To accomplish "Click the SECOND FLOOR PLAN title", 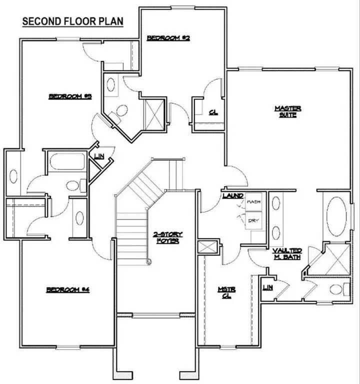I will (73, 22).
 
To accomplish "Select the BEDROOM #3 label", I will (70, 96).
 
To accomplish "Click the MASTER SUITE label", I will (288, 111).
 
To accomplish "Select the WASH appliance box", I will (253, 202).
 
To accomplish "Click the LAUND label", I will (233, 195).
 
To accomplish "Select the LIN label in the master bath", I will (267, 287).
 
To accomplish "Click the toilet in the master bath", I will (342, 289).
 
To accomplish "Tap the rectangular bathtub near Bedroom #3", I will (68, 163).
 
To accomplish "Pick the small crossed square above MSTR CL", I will (207, 247).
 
